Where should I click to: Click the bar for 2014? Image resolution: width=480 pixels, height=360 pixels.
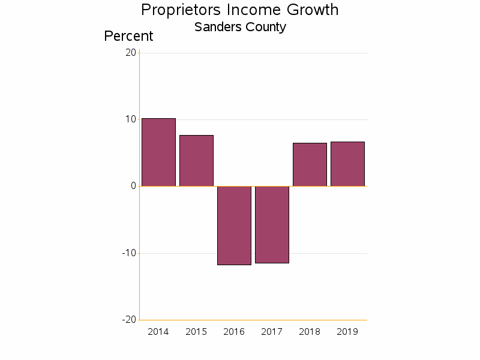[158, 152]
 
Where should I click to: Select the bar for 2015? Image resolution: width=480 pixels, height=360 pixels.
[196, 161]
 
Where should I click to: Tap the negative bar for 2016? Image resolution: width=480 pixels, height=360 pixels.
[234, 225]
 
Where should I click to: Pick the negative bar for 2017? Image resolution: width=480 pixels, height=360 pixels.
[272, 224]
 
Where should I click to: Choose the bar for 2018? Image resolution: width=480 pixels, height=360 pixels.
[310, 164]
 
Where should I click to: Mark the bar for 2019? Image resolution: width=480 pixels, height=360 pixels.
[347, 164]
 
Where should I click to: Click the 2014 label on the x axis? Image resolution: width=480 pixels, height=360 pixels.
[158, 332]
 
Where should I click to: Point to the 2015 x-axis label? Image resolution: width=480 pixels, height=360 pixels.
[196, 332]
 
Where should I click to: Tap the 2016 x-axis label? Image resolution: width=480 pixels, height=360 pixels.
[234, 332]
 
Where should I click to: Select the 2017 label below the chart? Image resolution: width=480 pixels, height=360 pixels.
[272, 332]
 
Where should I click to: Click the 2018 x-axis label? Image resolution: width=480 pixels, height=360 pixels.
[310, 332]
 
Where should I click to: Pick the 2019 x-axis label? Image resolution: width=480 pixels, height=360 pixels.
[347, 332]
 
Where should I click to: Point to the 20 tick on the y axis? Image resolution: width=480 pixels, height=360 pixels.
[131, 53]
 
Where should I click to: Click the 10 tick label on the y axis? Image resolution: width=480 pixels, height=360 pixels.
[131, 119]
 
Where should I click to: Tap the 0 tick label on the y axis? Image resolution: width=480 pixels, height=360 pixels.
[133, 186]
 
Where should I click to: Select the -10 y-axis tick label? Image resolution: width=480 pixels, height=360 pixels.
[129, 253]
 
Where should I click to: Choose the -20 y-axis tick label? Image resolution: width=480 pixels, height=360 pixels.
[129, 319]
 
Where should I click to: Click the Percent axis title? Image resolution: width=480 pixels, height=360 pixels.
[128, 36]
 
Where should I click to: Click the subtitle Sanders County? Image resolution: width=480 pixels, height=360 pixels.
[240, 27]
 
